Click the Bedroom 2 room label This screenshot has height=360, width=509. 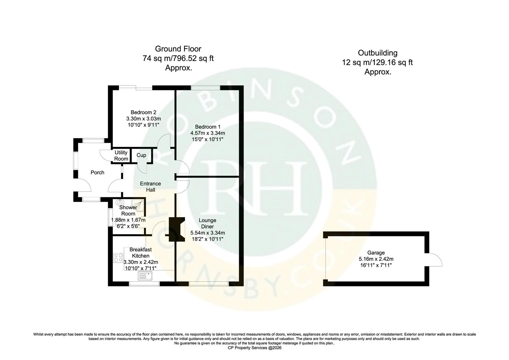[x=143, y=112]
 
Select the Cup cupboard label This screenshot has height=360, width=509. [x=141, y=155]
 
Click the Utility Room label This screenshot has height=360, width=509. [x=121, y=155]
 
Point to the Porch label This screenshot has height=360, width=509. [x=97, y=172]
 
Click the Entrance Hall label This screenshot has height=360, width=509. [x=150, y=187]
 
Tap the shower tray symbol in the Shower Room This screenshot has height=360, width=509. [x=139, y=204]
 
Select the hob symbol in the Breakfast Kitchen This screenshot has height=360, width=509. [x=118, y=257]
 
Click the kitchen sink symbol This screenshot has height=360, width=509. [x=146, y=276]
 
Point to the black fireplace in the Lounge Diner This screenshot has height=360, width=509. [x=176, y=229]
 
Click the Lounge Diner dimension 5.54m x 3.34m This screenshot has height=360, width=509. [x=208, y=233]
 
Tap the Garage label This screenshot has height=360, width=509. [x=376, y=253]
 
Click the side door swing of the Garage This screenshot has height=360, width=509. [x=435, y=259]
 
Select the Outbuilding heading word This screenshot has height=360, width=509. [x=377, y=53]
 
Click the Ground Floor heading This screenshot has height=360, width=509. [x=178, y=49]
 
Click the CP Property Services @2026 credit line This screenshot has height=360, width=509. [x=254, y=348]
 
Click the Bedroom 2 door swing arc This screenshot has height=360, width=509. [x=164, y=140]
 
